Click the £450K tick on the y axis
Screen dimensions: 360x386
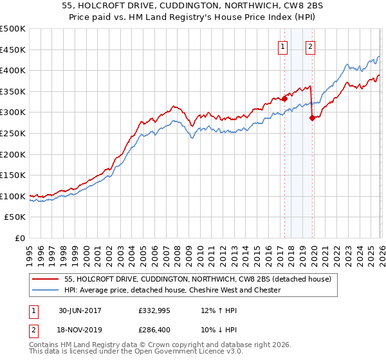point(13,50)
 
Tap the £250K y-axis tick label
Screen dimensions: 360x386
point(13,133)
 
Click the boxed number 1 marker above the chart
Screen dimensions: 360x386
point(283,46)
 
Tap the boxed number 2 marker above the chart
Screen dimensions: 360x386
point(310,46)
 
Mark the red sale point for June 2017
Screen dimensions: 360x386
point(284,99)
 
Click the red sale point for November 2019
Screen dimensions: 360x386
point(312,118)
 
